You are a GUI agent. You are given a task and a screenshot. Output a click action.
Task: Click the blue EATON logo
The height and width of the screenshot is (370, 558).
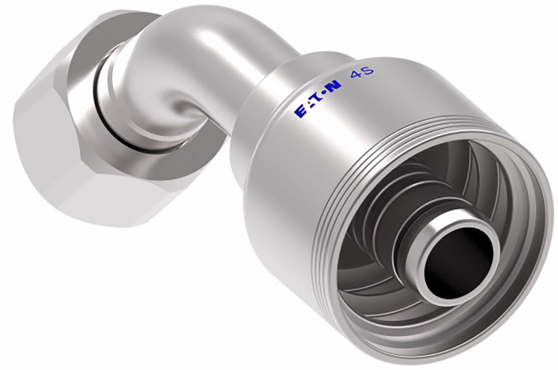click(x=318, y=98)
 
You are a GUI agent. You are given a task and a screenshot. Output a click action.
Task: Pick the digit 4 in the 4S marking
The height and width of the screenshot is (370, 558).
click(x=355, y=75)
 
